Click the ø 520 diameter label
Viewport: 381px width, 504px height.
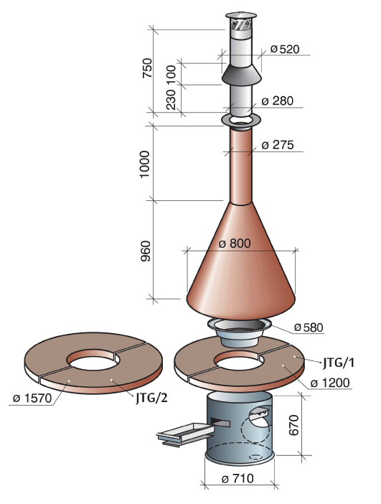click(285, 49)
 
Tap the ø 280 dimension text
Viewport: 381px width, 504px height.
click(278, 101)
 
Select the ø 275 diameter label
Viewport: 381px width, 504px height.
click(278, 145)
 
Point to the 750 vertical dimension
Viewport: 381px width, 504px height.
click(148, 67)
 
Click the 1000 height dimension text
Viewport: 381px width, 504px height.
click(144, 164)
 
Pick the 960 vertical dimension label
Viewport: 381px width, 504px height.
click(146, 251)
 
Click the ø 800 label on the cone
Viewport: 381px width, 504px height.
click(235, 243)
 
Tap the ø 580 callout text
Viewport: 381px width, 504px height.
click(309, 327)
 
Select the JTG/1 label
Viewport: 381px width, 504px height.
click(338, 363)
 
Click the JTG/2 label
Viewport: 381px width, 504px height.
click(151, 398)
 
